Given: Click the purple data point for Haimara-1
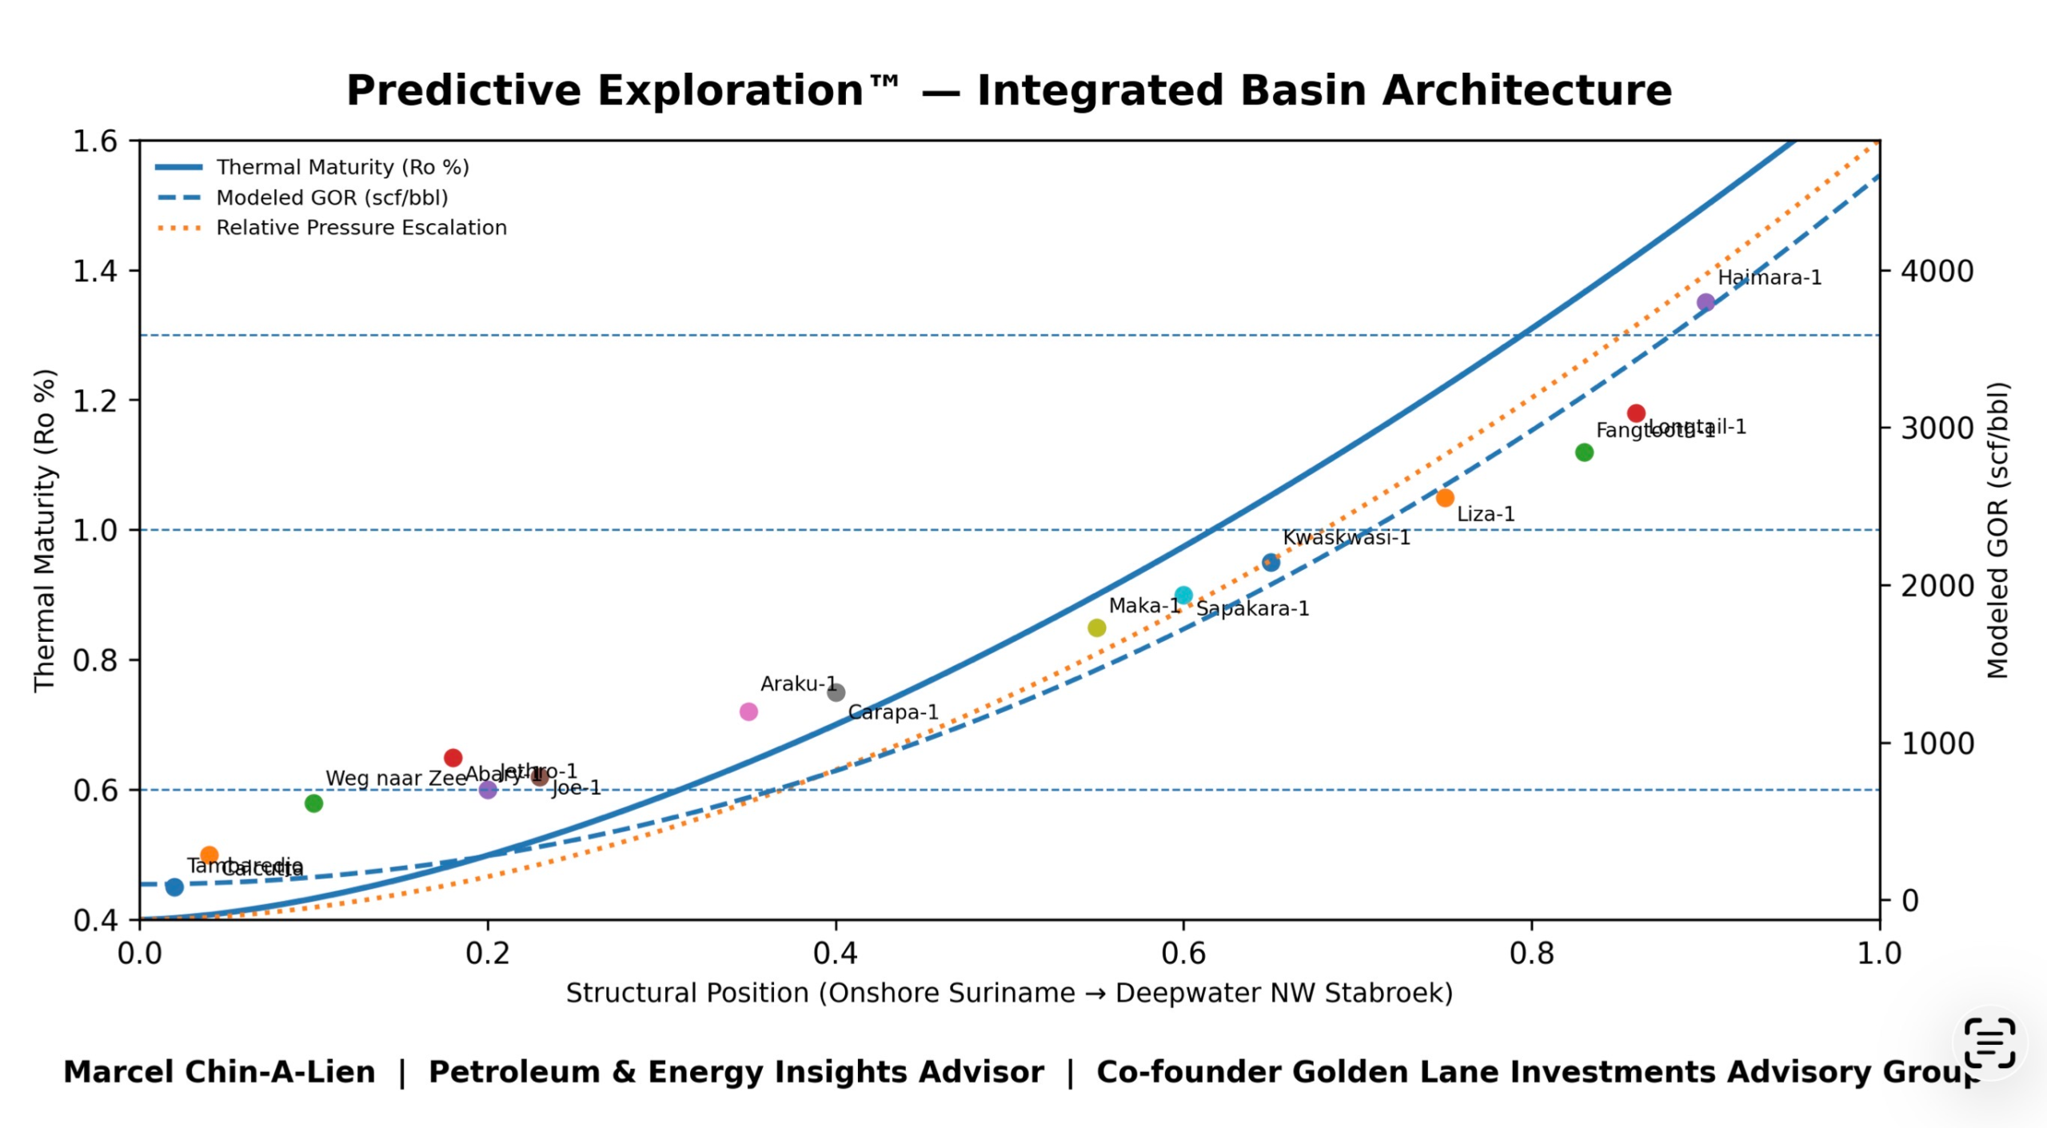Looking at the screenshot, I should (x=1706, y=302).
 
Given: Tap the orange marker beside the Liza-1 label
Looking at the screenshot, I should (x=1445, y=498).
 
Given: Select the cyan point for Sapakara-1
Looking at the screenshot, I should (x=1183, y=596).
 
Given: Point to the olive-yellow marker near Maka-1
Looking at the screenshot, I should (x=1097, y=628).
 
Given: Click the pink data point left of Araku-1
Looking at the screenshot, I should (x=748, y=711).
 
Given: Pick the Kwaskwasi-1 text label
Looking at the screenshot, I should (x=1347, y=537).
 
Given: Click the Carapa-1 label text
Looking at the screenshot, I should (x=892, y=712).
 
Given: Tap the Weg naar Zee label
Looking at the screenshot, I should (x=395, y=778).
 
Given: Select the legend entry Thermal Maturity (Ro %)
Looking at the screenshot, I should (x=342, y=167).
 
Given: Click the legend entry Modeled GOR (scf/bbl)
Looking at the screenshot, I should (x=332, y=197).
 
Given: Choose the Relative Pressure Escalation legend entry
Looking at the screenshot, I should (x=361, y=228).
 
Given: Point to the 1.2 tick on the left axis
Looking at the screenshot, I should (x=95, y=401).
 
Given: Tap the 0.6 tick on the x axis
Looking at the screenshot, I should (x=1183, y=953).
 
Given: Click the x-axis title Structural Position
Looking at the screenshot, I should (x=1009, y=993).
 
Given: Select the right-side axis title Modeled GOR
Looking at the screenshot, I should (x=1997, y=531).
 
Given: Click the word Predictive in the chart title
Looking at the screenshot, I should (x=462, y=90).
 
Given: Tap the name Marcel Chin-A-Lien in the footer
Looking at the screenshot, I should (x=219, y=1072).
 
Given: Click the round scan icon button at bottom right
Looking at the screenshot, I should (x=1989, y=1043).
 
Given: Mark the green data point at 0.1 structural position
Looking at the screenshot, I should (x=313, y=803).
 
